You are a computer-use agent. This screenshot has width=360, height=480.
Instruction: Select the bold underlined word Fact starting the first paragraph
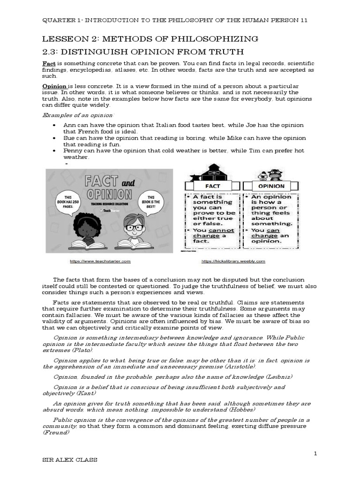click(x=49, y=63)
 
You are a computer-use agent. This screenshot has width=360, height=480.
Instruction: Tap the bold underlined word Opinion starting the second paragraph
click(x=54, y=87)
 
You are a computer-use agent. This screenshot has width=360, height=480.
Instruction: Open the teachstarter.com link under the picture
click(x=97, y=261)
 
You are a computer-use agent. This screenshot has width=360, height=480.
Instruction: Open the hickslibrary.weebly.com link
click(x=233, y=261)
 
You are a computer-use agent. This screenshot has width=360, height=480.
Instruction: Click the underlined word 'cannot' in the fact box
click(x=221, y=230)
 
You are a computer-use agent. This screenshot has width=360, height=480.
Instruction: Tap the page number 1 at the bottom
click(x=316, y=453)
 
